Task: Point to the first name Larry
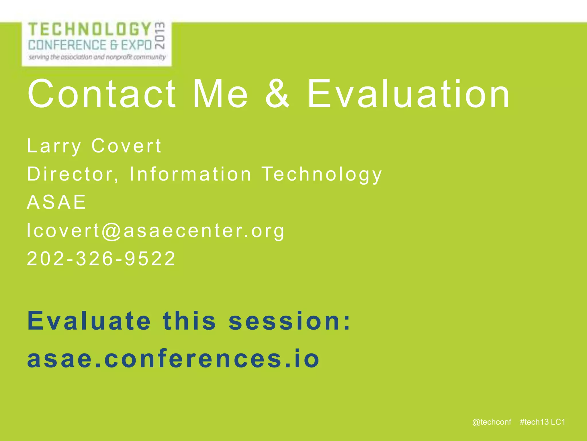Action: click(x=54, y=146)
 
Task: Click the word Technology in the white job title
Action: click(x=322, y=175)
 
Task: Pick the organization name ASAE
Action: click(x=56, y=202)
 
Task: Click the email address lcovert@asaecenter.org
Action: click(x=156, y=231)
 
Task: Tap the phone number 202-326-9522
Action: click(x=101, y=259)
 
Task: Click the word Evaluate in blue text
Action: click(x=89, y=321)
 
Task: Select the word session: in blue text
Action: click(x=290, y=321)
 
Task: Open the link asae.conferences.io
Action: click(x=173, y=359)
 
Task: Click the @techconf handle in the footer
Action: click(x=492, y=422)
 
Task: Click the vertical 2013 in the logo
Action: click(x=160, y=35)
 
